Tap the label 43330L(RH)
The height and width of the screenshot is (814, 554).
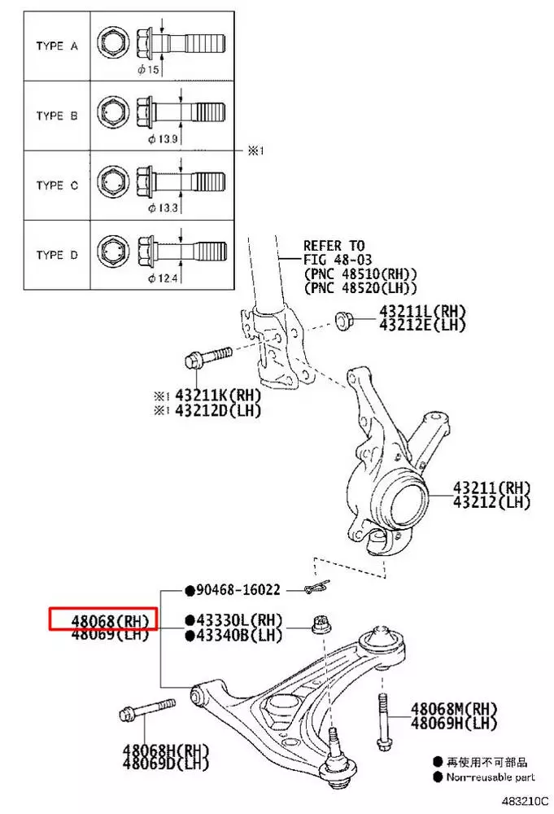coord(238,620)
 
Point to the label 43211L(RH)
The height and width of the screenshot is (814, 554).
coord(421,312)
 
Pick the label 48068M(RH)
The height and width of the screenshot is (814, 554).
coord(453,708)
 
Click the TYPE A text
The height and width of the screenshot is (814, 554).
coord(56,46)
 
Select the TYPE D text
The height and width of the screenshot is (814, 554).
coord(56,255)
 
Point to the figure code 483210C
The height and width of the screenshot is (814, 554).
coord(525,803)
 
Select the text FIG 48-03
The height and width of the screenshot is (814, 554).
coord(334,260)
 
